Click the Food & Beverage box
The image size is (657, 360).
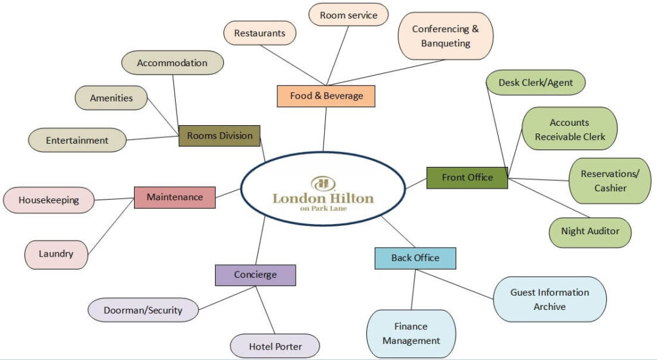pos(326,96)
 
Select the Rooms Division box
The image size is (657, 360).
pos(219,136)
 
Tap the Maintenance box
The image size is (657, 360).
pos(175,197)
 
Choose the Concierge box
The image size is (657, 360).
pos(255,275)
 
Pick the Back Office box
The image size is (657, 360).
pos(415,258)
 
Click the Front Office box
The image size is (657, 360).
pos(467,178)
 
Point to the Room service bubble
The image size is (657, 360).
pos(348,15)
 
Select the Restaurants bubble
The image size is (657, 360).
pos(260,33)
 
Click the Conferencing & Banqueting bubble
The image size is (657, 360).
pos(445,36)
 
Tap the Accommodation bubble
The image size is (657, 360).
pos(172,63)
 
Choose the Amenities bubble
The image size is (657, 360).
pos(111,98)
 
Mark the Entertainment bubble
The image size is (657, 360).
pos(77,140)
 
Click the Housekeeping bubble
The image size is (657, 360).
pos(49,200)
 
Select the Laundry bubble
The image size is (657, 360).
pos(56,253)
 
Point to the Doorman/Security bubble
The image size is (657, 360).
pos(142,311)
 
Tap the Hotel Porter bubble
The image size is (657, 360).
pos(275,347)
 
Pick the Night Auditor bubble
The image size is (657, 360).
pos(590,231)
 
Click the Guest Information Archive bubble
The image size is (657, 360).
pos(549,299)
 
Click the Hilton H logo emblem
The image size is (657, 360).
pos(323,183)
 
